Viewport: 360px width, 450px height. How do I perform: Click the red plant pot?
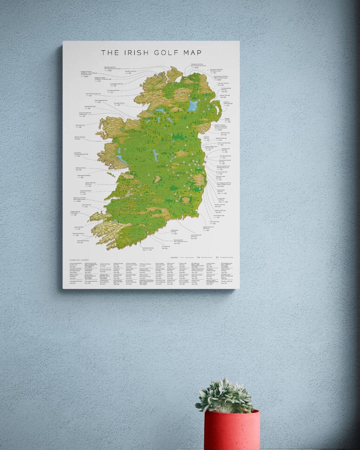232,430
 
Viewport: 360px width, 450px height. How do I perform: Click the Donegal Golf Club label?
119,103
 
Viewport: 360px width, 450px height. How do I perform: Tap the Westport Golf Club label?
80,137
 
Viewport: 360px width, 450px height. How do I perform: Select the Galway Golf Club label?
80,168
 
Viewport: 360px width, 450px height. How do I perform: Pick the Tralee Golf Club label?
86,205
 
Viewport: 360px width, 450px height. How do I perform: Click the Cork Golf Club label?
166,247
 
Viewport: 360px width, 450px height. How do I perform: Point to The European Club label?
219,216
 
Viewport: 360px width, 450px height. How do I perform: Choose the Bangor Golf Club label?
225,95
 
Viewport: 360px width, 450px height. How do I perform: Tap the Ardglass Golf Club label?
227,119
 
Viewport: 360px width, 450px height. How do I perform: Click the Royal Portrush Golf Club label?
221,77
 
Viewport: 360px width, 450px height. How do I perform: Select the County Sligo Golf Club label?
101,100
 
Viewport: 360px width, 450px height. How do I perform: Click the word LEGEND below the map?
174,258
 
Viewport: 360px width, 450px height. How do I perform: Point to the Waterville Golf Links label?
78,234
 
